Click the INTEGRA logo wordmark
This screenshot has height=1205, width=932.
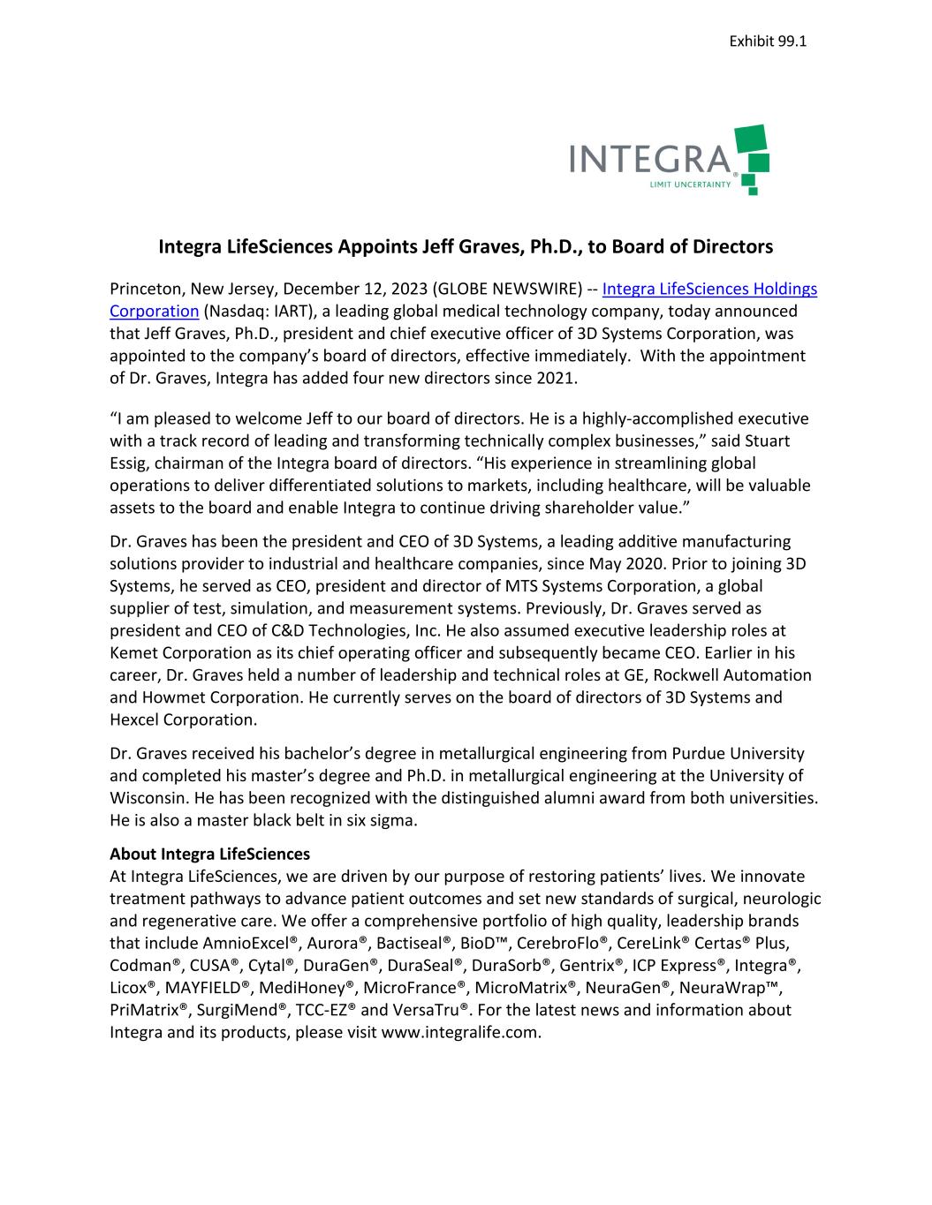[653, 159]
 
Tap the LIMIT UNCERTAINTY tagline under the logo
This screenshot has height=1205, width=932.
[690, 185]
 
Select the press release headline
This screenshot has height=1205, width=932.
[466, 246]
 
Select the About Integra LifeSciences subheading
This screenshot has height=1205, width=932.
[209, 854]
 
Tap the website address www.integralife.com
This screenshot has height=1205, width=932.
[458, 1031]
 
